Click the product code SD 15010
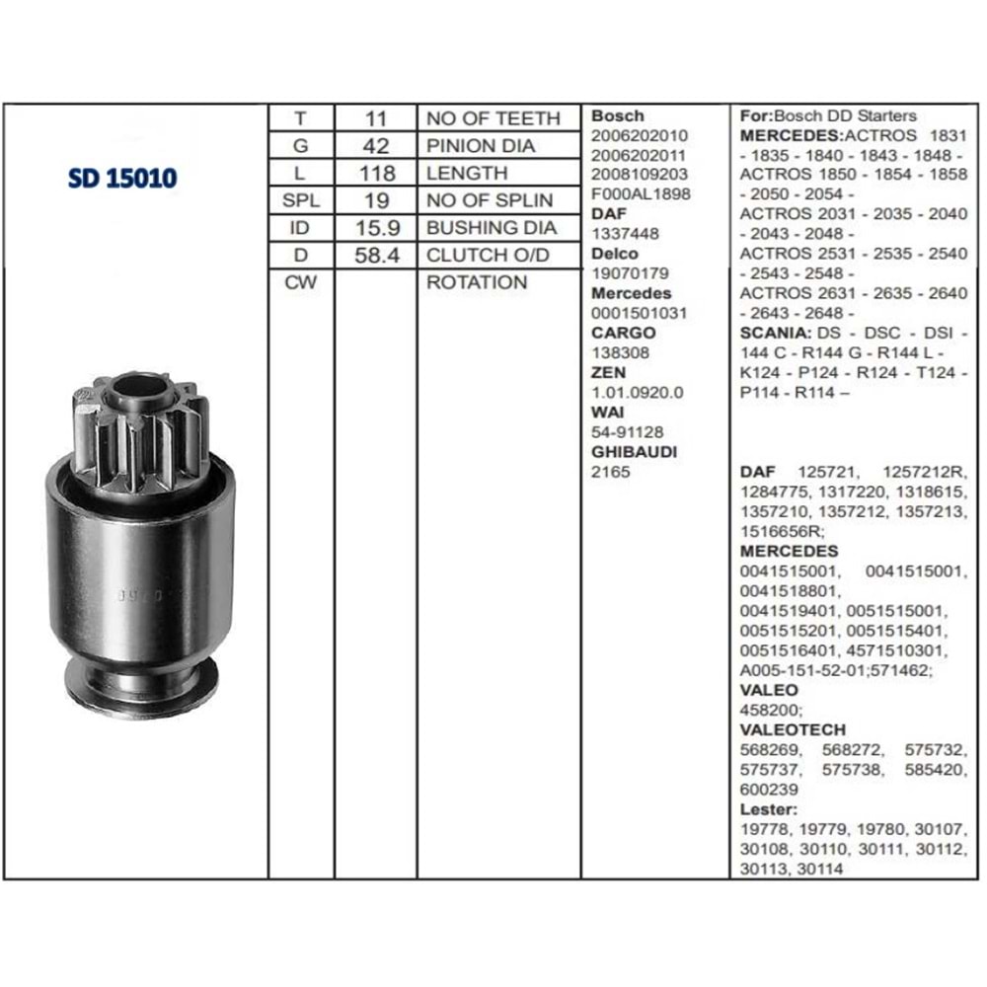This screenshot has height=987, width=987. pos(122,178)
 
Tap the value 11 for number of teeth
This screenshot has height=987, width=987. pos(376,118)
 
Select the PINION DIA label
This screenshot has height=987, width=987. pos(481,145)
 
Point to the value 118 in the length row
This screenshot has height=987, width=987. pos(376,173)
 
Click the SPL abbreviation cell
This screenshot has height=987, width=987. pos(301,200)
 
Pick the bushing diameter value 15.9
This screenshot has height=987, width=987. pos(377,228)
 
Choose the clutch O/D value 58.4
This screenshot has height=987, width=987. pos(376,255)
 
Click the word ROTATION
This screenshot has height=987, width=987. pos(477,282)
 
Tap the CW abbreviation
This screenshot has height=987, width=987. pos(300,282)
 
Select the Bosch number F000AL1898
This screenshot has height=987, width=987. pos(641,193)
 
